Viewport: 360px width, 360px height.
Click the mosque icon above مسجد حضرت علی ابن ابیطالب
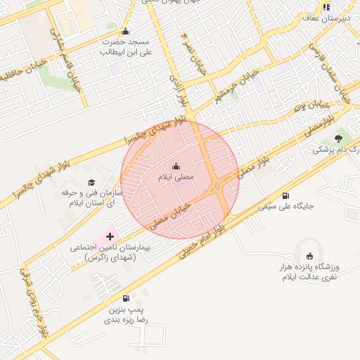126,32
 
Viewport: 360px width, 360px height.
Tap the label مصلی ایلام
175,178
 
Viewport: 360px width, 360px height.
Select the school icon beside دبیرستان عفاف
326,8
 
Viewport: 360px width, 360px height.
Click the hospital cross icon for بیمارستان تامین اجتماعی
109,236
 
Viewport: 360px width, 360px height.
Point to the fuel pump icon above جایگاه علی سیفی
285,196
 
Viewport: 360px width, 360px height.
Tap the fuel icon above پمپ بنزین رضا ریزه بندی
126,298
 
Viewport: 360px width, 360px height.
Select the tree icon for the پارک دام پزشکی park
339,138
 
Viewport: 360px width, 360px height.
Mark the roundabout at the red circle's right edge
219,187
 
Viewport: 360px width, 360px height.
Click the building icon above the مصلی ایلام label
176,167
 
